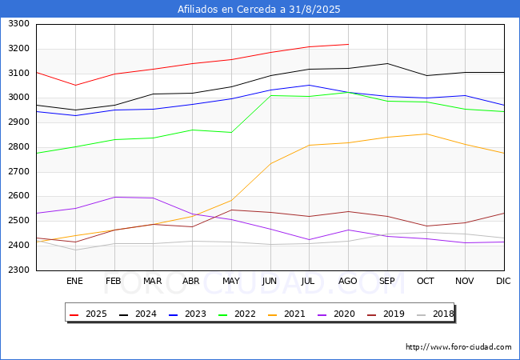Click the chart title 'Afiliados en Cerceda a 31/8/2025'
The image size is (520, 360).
tap(260, 10)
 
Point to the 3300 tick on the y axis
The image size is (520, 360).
tap(18, 24)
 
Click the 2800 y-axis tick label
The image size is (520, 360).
tap(18, 147)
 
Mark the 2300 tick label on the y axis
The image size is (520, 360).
tap(18, 270)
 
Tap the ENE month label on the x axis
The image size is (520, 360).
tap(74, 282)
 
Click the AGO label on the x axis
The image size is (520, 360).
tap(348, 282)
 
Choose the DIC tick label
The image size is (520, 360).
tap(503, 282)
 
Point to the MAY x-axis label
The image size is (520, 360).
tap(231, 282)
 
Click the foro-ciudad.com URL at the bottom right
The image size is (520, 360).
tap(458, 347)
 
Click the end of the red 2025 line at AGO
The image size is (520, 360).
tap(348, 44)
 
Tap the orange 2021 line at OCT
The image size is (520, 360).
tap(426, 134)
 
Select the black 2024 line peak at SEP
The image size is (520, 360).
tap(387, 63)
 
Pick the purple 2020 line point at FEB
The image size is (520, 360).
tap(114, 197)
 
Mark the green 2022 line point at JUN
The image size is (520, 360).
tap(270, 95)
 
